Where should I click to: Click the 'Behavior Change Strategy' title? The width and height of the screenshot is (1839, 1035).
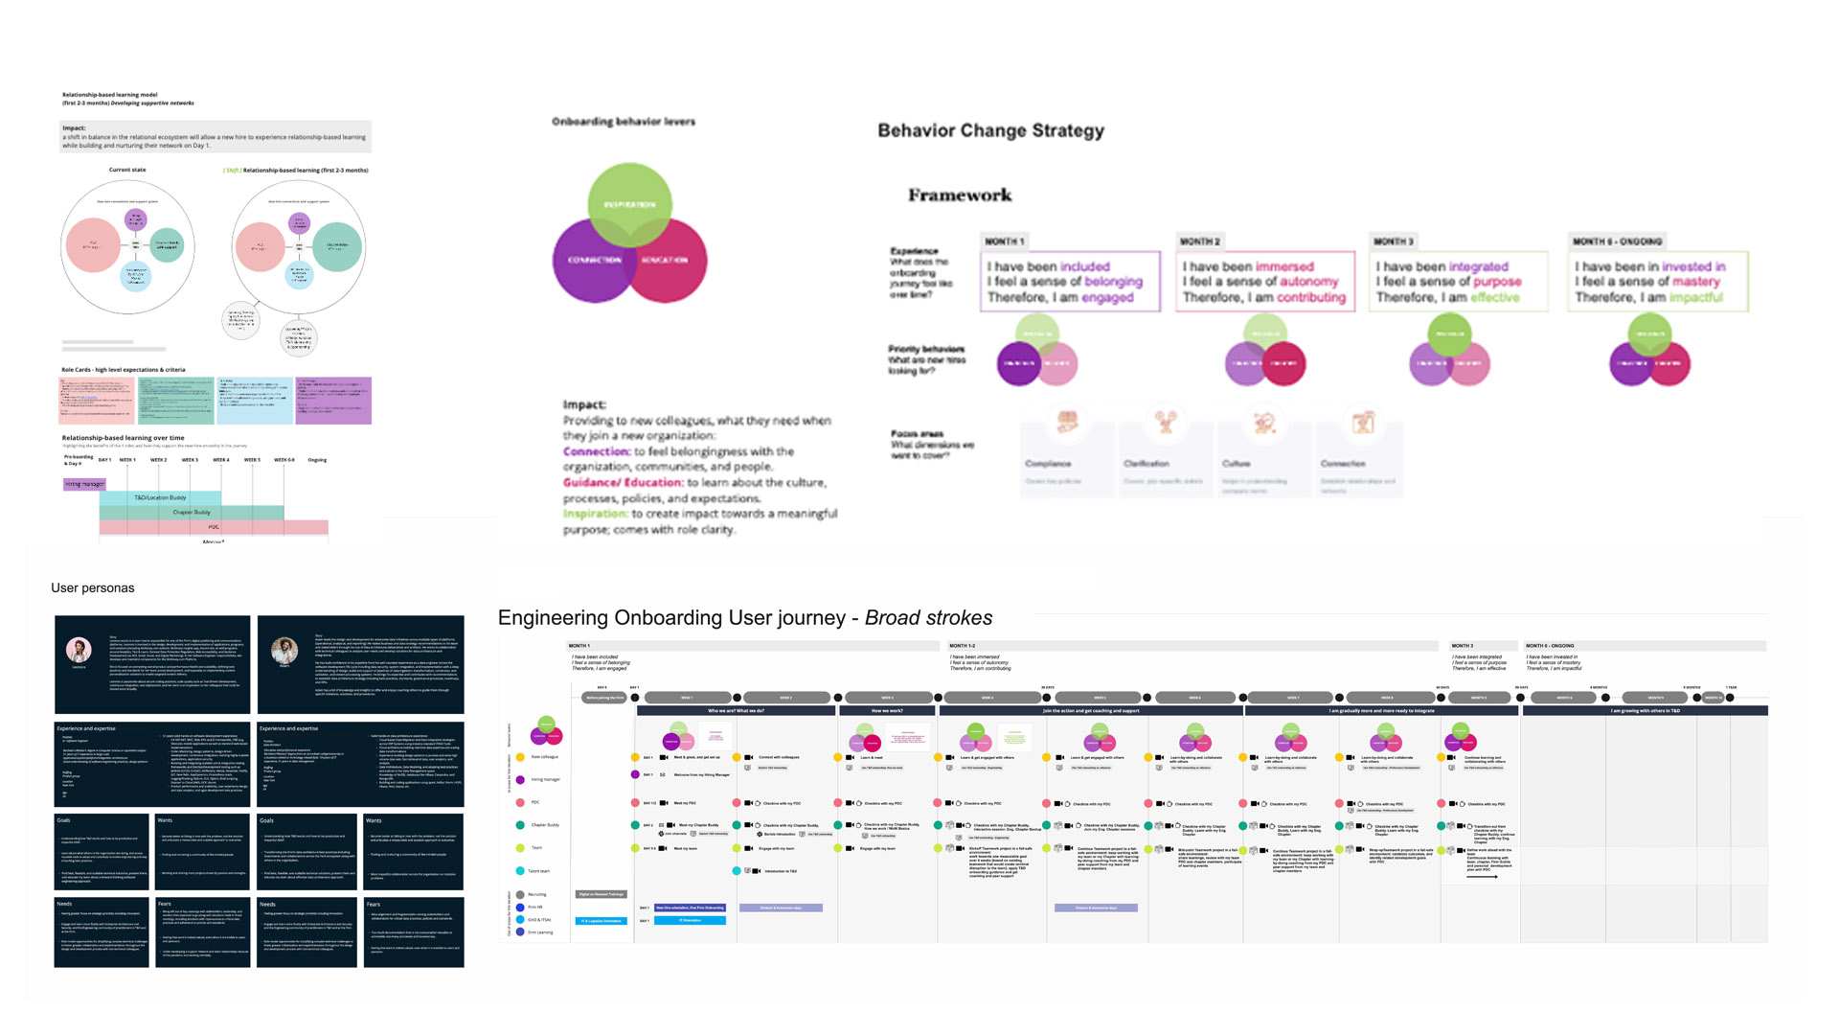point(990,130)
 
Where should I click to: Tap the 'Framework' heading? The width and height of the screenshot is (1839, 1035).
point(960,195)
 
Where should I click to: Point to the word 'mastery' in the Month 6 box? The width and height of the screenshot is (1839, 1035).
point(1695,282)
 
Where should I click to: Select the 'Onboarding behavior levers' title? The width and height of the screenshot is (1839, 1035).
point(623,122)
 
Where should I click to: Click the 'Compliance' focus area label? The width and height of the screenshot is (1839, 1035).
point(1048,464)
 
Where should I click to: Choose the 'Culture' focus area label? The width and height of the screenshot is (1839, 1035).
point(1236,464)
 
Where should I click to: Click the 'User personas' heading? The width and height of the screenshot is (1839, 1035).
point(93,588)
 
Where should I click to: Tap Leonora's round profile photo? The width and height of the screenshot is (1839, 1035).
point(79,650)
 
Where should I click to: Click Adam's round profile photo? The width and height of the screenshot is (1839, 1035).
point(284,650)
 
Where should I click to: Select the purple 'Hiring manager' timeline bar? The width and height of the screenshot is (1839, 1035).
point(84,484)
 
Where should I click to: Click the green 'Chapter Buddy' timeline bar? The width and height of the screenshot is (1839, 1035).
point(192,513)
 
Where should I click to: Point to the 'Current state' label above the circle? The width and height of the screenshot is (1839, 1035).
point(127,171)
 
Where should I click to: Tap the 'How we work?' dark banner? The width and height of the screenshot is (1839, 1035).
point(887,711)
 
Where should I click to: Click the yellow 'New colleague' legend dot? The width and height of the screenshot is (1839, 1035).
point(520,757)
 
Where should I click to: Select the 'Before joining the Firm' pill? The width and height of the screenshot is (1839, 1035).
point(604,698)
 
